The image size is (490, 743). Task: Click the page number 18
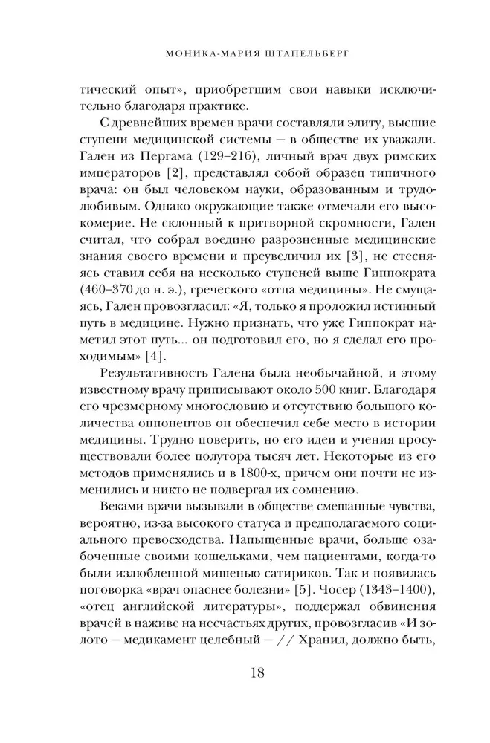click(245, 674)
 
